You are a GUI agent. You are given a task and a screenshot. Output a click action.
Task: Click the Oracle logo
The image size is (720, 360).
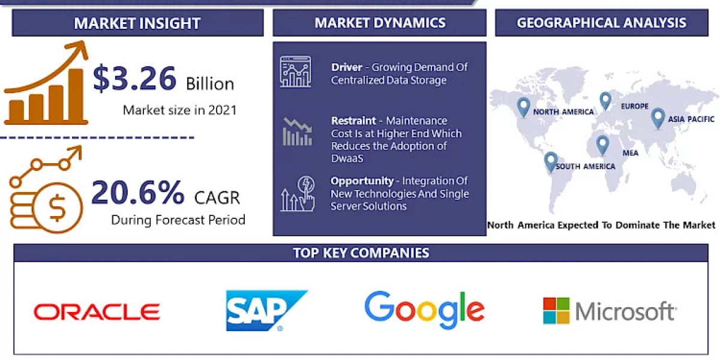[97, 311]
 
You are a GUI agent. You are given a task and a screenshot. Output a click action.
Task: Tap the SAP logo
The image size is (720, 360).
[264, 310]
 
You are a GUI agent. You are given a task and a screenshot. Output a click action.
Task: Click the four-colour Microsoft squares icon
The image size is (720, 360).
[556, 311]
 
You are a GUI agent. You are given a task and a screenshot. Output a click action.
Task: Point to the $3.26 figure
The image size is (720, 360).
[135, 79]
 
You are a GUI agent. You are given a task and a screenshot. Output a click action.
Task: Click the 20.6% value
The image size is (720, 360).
[138, 193]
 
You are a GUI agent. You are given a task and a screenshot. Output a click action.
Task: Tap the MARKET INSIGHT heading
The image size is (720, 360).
[137, 23]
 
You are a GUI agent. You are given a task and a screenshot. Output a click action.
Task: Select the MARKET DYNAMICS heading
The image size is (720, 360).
[380, 23]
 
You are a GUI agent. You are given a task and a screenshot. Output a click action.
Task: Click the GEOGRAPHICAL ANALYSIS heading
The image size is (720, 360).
[601, 23]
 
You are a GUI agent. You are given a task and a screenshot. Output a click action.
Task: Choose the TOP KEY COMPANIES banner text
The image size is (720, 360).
[361, 253]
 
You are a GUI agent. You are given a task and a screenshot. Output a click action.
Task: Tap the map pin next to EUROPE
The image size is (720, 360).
[605, 101]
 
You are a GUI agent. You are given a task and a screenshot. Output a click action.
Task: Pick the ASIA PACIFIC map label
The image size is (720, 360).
[692, 119]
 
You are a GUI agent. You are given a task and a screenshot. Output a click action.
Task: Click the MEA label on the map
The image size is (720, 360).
[630, 153]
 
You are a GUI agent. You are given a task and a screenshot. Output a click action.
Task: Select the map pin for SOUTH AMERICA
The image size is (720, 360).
[550, 162]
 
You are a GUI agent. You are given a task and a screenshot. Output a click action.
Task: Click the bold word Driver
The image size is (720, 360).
[346, 67]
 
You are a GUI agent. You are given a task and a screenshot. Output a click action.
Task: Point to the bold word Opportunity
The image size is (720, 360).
[362, 181]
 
